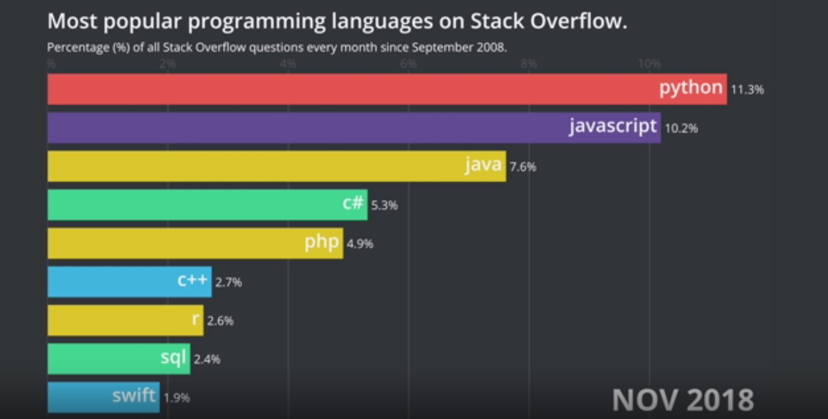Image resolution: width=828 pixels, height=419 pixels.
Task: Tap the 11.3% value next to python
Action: pyautogui.click(x=747, y=90)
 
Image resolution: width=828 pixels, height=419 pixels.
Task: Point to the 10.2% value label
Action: pyautogui.click(x=681, y=128)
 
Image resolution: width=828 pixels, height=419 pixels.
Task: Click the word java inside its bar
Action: pyautogui.click(x=483, y=165)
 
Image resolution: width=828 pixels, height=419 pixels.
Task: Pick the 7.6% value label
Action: pyautogui.click(x=523, y=167)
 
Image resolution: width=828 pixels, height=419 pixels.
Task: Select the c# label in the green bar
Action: pyautogui.click(x=353, y=204)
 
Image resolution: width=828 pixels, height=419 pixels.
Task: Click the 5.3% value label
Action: pyautogui.click(x=384, y=205)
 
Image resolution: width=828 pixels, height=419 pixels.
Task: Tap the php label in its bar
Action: pyautogui.click(x=322, y=242)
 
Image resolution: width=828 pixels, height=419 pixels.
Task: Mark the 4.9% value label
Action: pyautogui.click(x=360, y=244)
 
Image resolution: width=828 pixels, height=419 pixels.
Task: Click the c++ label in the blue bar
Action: pyautogui.click(x=193, y=280)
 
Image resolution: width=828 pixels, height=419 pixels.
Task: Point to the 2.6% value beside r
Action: pyautogui.click(x=220, y=321)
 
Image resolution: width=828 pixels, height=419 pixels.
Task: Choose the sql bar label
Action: pyautogui.click(x=173, y=358)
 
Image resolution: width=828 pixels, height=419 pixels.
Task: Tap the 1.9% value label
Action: pyautogui.click(x=176, y=397)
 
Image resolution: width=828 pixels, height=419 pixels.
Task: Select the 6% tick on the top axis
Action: pyautogui.click(x=408, y=64)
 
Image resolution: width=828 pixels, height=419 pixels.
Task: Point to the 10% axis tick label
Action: pyautogui.click(x=649, y=64)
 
